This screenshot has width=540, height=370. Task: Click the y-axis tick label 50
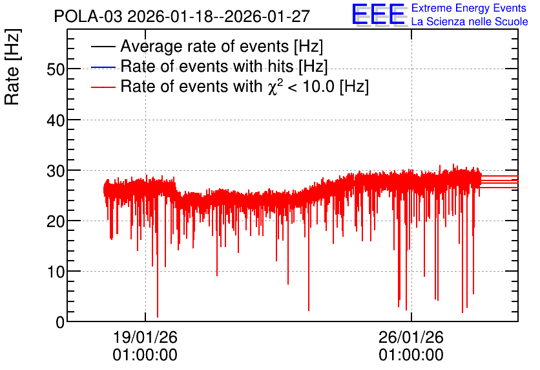[56, 70]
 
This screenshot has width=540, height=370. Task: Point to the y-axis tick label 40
[56, 120]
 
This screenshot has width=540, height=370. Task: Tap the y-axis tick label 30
[56, 171]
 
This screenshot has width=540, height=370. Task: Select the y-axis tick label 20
[56, 221]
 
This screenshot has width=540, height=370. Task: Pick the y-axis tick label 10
[56, 272]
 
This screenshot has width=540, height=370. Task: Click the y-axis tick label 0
[60, 323]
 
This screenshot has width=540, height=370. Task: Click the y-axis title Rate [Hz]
[12, 67]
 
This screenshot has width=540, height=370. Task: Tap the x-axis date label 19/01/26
[145, 337]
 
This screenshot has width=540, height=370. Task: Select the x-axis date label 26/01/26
[411, 337]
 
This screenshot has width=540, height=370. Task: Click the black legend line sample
[103, 47]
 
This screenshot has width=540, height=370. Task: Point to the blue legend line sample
[103, 67]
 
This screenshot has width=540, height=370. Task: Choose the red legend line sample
[103, 87]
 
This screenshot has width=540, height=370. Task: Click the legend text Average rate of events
[205, 46]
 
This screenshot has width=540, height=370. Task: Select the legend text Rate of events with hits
[207, 66]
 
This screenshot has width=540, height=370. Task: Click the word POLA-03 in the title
[88, 17]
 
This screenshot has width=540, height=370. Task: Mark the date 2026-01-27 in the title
[267, 17]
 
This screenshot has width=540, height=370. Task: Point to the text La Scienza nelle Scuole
[470, 22]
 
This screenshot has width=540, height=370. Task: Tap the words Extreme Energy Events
[469, 8]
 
